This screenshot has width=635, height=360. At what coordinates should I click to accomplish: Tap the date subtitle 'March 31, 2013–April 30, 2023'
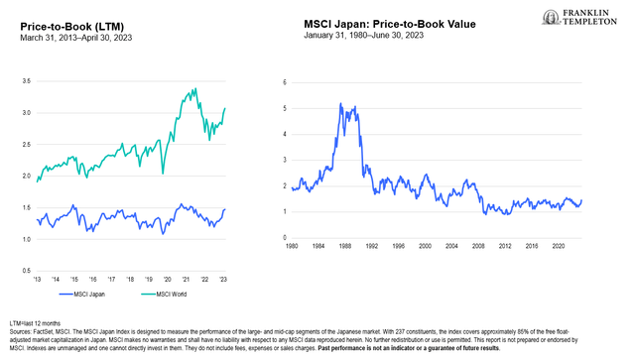coord(75,38)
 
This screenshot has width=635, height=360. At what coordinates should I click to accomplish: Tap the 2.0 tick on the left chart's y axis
coord(26,177)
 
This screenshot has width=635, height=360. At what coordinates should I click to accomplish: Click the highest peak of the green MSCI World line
coord(192,88)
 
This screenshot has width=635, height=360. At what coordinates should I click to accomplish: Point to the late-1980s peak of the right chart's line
coord(341,103)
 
